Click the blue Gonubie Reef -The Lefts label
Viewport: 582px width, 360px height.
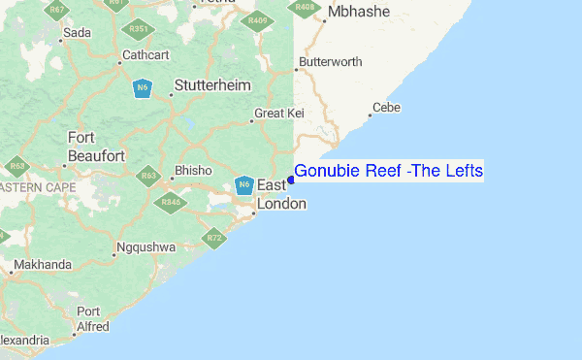[388, 171]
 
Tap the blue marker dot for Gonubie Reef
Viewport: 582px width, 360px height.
[291, 180]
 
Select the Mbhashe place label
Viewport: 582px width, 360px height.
[358, 12]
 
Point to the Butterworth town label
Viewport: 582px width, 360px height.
[331, 62]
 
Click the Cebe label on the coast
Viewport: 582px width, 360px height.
[386, 108]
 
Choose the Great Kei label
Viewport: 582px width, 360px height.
[279, 114]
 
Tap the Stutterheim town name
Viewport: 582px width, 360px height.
[211, 85]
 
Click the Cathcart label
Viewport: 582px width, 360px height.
[145, 55]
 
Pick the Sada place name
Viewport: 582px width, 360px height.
[76, 33]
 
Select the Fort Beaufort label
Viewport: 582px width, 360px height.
[95, 147]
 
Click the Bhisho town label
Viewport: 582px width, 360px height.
[191, 171]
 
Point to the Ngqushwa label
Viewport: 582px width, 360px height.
[145, 247]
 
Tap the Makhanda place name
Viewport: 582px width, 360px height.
[42, 265]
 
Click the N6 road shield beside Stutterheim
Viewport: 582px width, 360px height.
[143, 88]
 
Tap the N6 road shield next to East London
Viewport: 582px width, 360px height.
[244, 184]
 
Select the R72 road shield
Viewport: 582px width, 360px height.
[214, 237]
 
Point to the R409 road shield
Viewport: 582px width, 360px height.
[258, 20]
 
